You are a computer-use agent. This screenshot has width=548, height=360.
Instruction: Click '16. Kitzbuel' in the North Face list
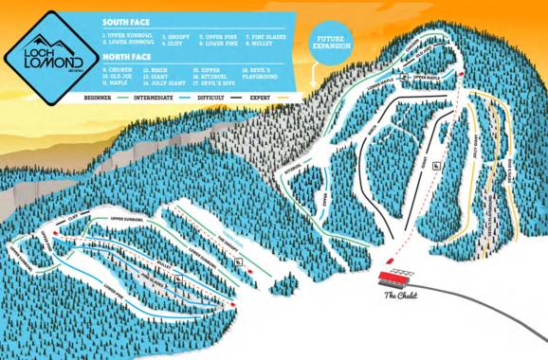pyautogui.click(x=210, y=75)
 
